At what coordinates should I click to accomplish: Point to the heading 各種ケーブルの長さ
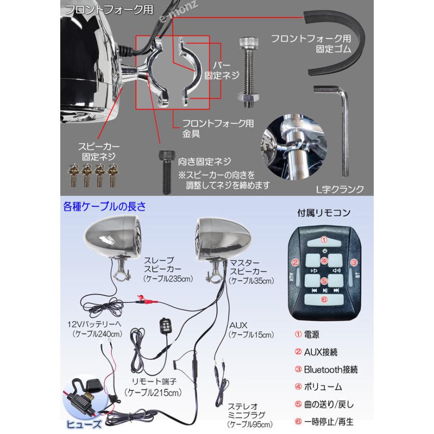(x=104, y=207)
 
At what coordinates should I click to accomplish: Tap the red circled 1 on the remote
(x=325, y=239)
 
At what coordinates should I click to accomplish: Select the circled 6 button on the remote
(x=324, y=299)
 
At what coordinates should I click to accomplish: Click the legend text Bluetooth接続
(x=330, y=370)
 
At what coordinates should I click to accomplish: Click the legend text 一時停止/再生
(x=329, y=421)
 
